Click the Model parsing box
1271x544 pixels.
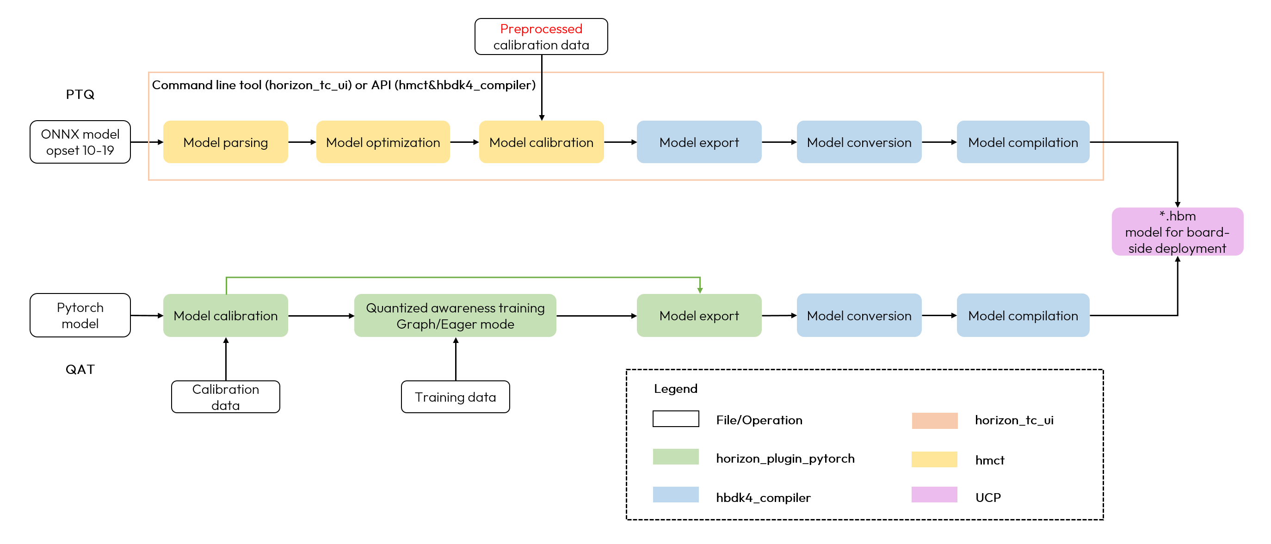[226, 142]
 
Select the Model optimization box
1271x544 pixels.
[383, 142]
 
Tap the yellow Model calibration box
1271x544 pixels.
[541, 142]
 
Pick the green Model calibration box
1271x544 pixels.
[226, 316]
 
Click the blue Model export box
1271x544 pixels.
[699, 142]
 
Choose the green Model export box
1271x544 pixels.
[699, 316]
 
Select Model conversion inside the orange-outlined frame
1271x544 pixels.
[859, 142]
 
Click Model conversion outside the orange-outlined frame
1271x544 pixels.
[859, 316]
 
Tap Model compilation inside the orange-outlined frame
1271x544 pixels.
[1023, 142]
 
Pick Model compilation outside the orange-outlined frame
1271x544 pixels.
[1023, 316]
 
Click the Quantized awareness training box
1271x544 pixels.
[455, 316]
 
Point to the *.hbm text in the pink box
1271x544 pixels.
[1177, 216]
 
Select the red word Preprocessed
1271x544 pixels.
[541, 29]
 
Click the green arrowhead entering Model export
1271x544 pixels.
[700, 291]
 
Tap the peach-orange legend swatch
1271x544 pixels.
[934, 421]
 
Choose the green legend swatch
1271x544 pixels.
[675, 456]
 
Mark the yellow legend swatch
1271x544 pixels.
[934, 459]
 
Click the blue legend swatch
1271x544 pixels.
[675, 494]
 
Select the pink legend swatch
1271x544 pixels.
[934, 494]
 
